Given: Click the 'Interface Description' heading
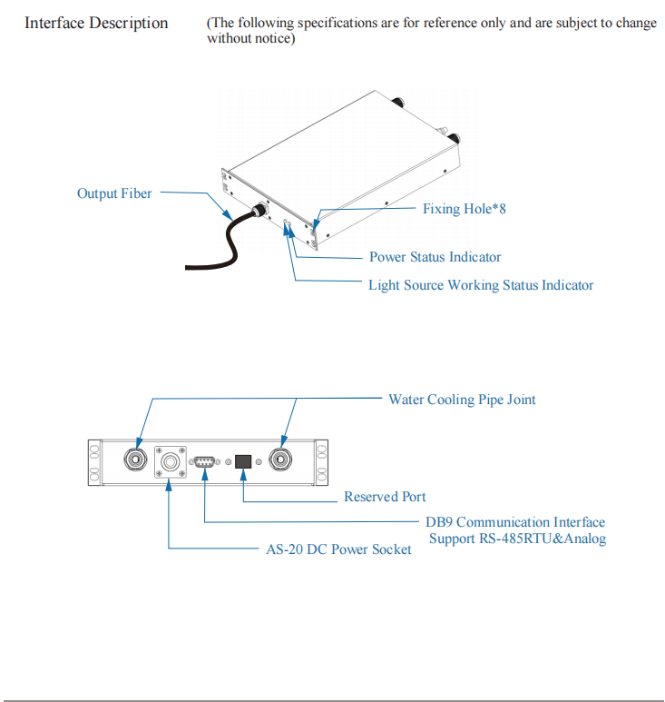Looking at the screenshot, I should (x=96, y=23).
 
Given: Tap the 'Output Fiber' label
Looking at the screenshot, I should (x=114, y=193).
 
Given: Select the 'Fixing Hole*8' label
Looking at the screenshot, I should (x=464, y=209).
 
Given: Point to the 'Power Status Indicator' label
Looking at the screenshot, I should (x=435, y=257).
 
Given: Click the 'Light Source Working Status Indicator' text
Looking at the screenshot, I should (x=481, y=285).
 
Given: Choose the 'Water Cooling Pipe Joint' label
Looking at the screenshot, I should (x=462, y=400).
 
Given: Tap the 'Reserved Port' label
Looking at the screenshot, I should (x=385, y=497).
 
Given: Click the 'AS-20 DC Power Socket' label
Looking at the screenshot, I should (x=338, y=549).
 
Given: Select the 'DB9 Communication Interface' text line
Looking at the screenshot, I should (x=515, y=522).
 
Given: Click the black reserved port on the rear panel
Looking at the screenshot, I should (x=243, y=460).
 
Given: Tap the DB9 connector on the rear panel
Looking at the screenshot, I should (x=204, y=461).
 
